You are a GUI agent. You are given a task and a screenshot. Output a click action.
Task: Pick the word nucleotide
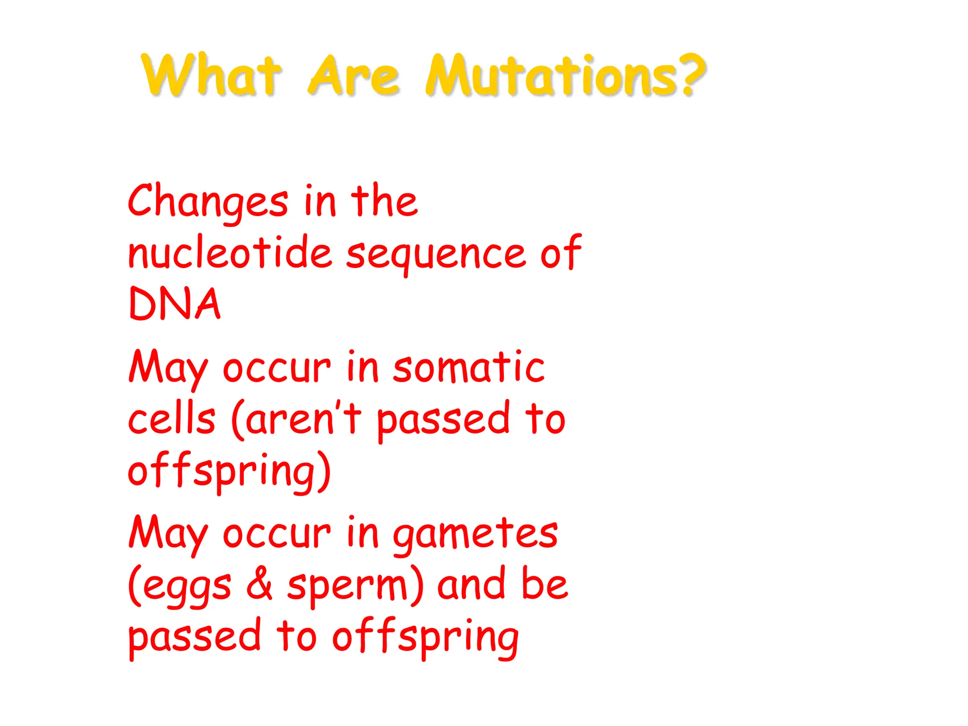[230, 253]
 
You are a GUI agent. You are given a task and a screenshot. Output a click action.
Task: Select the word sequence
[435, 255]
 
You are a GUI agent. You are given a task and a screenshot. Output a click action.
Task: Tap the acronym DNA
[174, 304]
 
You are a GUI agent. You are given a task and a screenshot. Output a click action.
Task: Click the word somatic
[468, 368]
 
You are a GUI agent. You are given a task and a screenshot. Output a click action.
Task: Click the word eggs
[187, 588]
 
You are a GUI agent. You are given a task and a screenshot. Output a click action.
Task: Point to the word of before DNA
[561, 253]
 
